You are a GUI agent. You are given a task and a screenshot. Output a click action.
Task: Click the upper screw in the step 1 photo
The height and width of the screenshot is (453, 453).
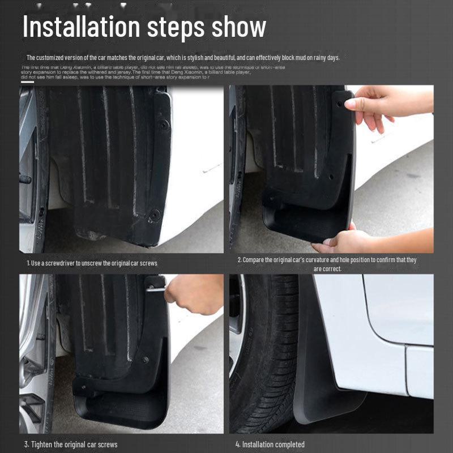point(163,123)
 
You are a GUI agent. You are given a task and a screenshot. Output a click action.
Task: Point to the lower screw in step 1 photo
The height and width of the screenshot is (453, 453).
point(153,214)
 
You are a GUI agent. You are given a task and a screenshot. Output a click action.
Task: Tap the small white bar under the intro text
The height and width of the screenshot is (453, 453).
point(27,82)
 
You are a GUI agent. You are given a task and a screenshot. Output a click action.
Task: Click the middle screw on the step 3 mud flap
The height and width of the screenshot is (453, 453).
point(146,360)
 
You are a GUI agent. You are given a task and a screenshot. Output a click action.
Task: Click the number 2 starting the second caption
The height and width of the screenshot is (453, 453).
point(238,260)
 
